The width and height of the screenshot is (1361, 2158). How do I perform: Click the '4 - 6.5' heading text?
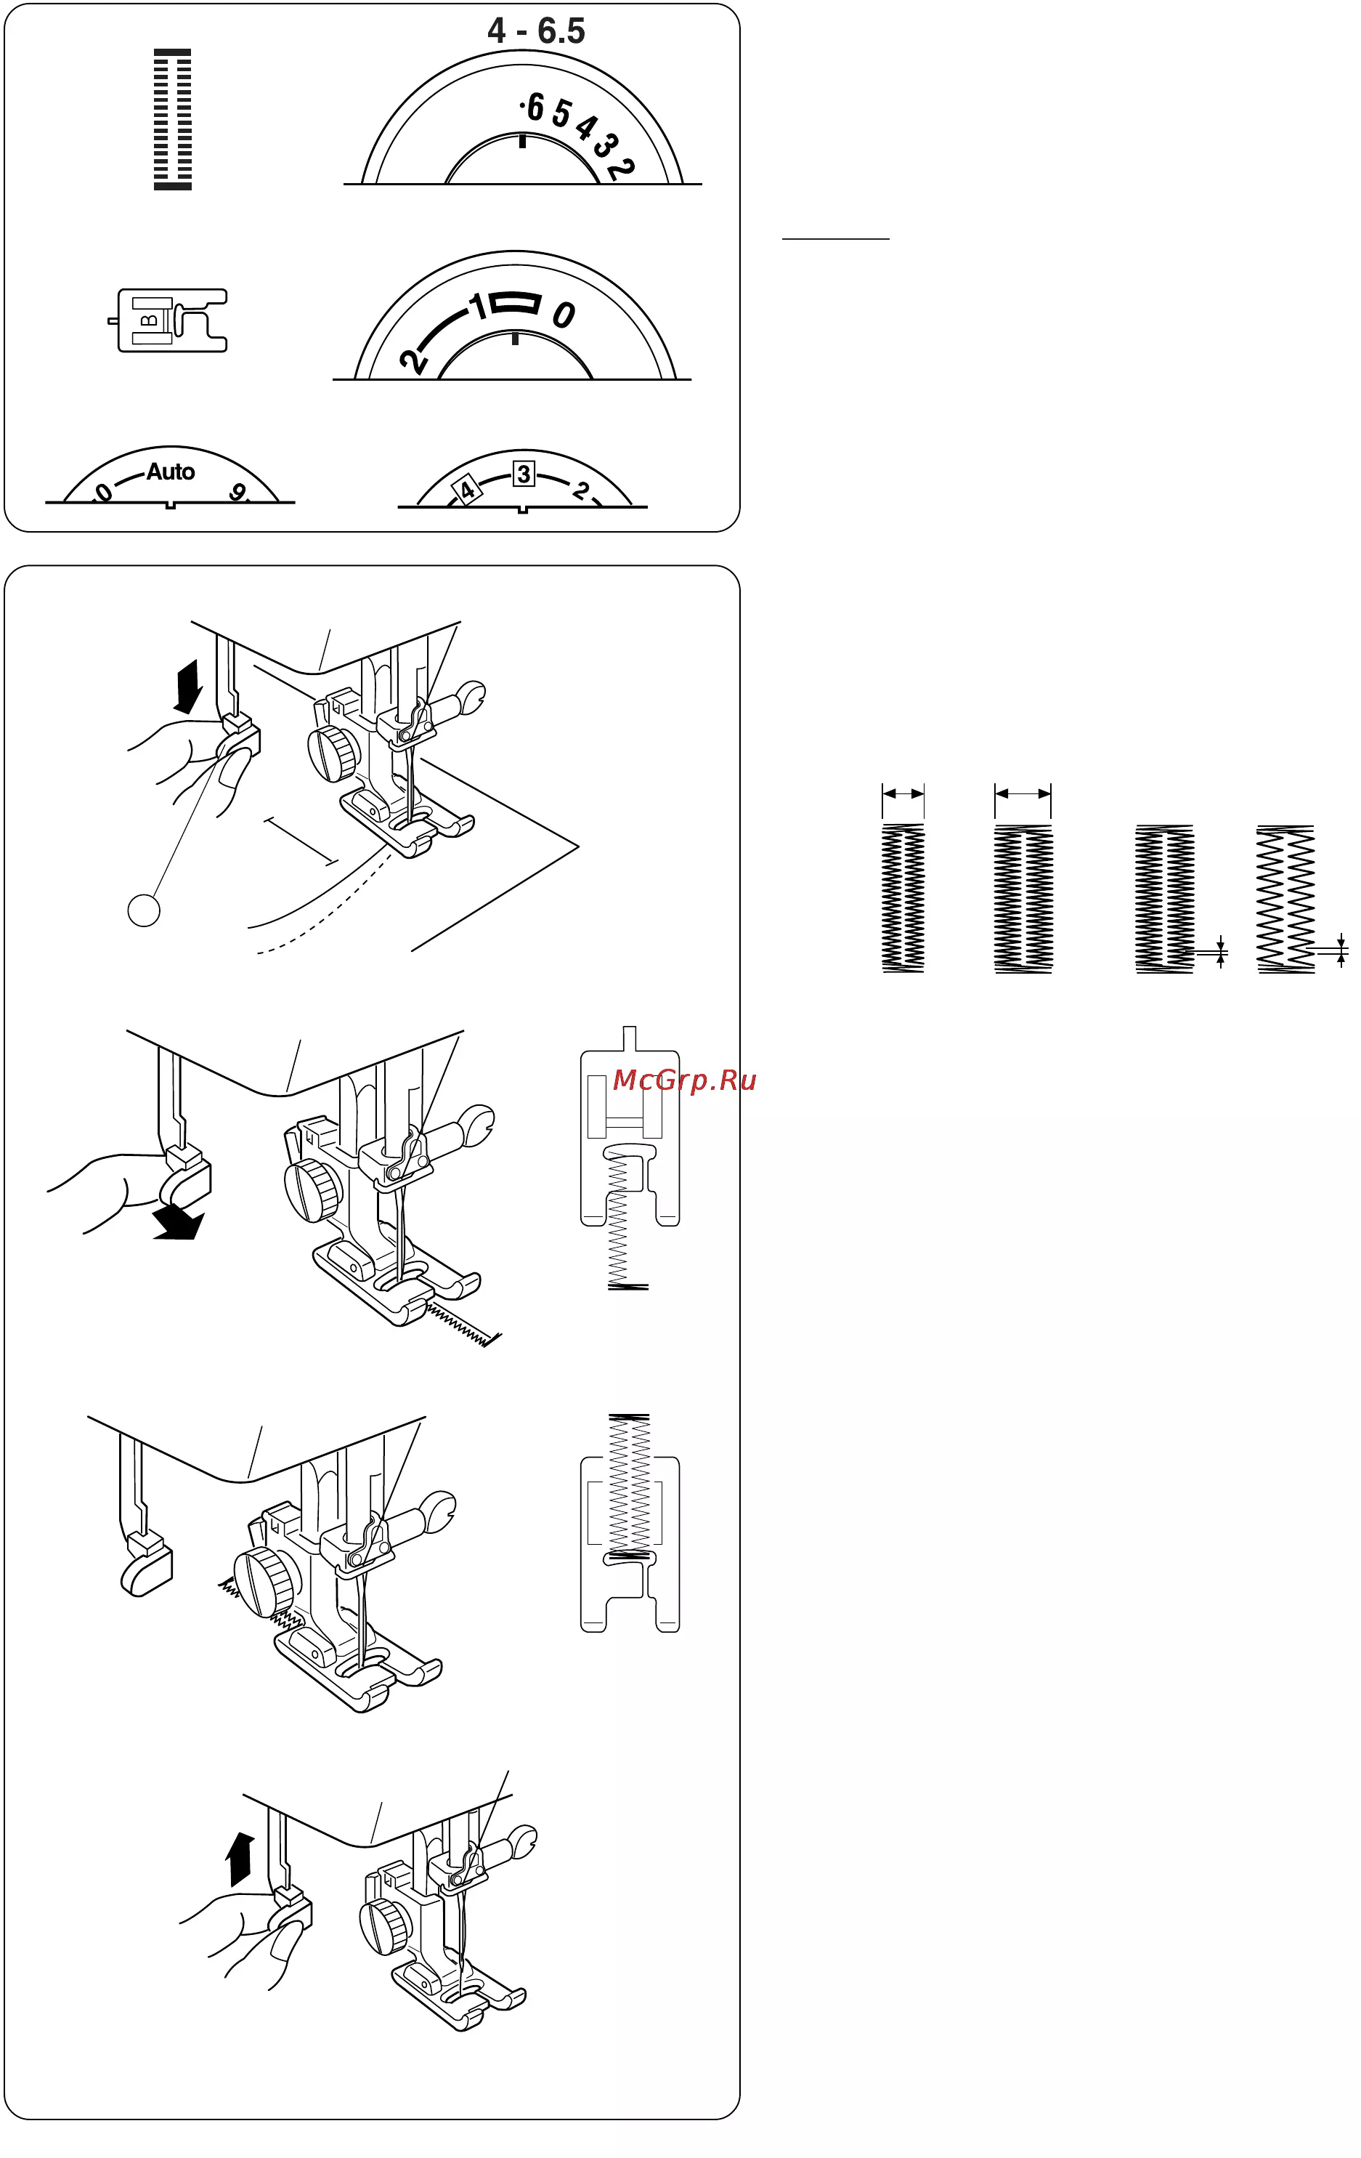[x=536, y=31]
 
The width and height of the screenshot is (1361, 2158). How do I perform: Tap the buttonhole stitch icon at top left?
[x=172, y=119]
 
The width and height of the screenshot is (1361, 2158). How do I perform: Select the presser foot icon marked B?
[x=168, y=320]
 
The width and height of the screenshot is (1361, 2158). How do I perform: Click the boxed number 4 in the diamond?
[x=467, y=491]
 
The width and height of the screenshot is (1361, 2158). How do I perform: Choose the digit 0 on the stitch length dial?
[x=564, y=315]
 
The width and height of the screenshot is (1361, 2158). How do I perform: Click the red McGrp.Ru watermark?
[x=685, y=1080]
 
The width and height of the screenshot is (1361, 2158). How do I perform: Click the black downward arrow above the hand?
[x=188, y=687]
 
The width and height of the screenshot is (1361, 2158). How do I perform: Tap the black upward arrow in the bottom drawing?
[x=240, y=1859]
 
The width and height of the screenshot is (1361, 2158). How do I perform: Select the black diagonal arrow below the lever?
[x=179, y=1221]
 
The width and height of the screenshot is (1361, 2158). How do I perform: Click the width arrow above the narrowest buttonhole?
[x=903, y=793]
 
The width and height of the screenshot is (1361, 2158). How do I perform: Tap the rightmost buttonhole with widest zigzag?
[x=1285, y=899]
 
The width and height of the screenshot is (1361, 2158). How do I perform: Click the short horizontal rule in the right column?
[x=835, y=239]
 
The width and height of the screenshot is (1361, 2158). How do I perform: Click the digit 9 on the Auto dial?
[x=238, y=492]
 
